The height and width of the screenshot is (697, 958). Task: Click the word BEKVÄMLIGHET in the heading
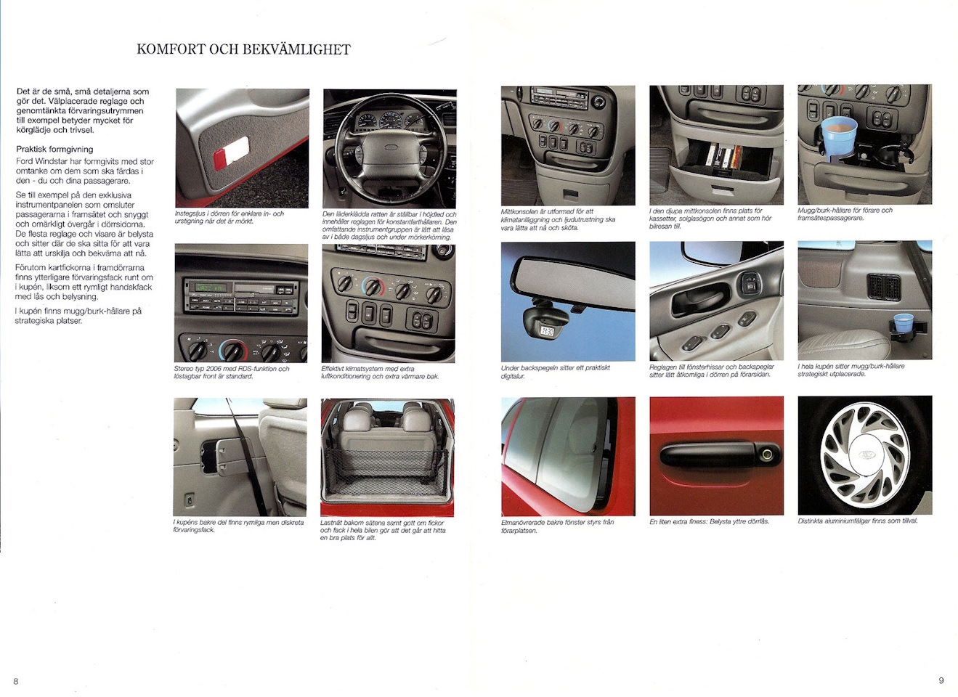[x=297, y=49]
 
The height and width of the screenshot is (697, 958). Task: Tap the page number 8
[x=16, y=681]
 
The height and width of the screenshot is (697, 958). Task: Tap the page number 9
[x=941, y=680]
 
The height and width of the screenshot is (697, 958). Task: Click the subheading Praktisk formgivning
[x=54, y=150]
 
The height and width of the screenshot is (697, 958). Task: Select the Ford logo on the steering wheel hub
[x=391, y=147]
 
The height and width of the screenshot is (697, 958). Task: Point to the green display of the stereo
[x=208, y=287]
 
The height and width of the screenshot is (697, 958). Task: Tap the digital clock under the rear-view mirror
[x=548, y=330]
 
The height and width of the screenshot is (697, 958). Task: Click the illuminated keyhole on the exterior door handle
[x=766, y=454]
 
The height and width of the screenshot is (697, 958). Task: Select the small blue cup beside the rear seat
[x=904, y=323]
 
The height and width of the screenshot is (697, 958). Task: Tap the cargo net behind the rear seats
[x=386, y=472]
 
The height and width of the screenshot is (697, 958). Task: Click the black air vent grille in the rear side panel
[x=885, y=286]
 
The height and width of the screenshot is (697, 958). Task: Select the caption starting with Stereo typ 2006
[x=232, y=372]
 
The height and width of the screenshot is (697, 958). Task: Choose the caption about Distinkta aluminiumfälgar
[x=857, y=521]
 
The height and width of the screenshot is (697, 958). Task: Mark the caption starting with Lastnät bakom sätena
[x=383, y=530]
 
